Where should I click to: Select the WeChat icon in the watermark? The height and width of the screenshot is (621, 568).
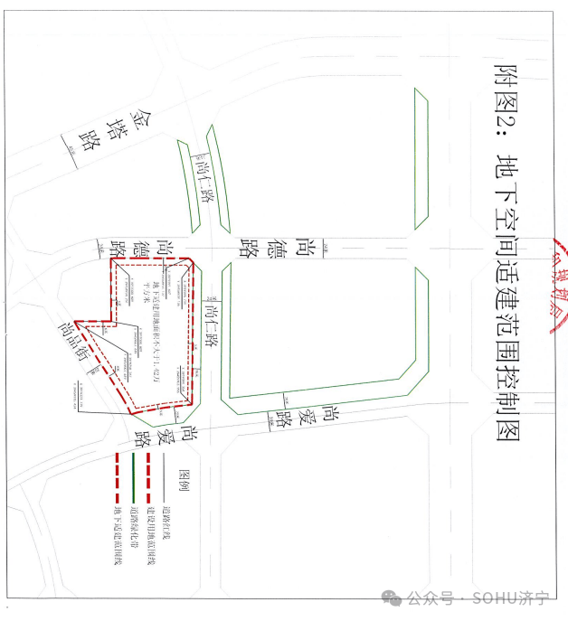pos(392,598)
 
